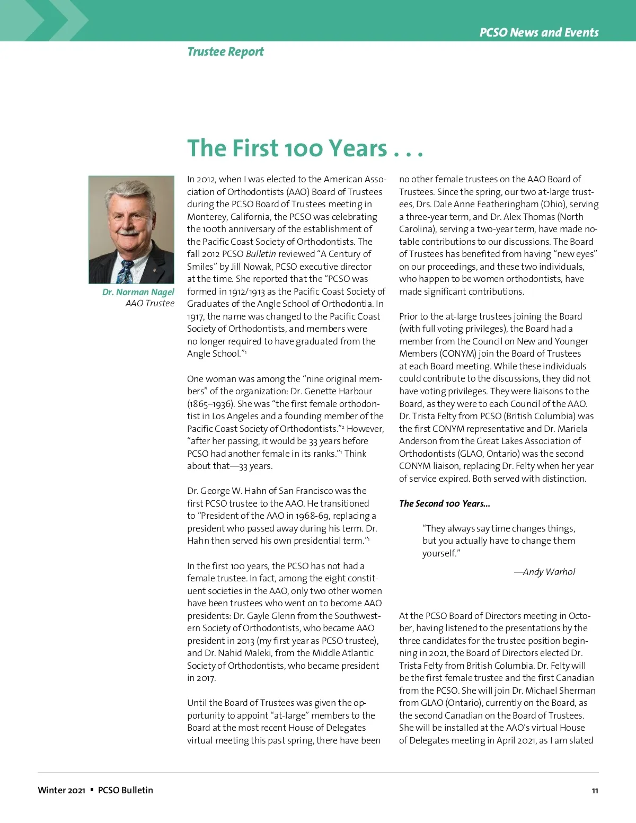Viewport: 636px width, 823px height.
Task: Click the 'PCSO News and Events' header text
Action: coord(538,32)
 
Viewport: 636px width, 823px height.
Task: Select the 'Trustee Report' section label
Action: coord(225,51)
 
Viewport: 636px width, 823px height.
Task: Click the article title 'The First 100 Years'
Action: coord(305,148)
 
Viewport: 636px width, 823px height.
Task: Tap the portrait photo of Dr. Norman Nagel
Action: coord(131,229)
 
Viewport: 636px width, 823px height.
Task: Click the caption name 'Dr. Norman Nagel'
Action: coord(138,292)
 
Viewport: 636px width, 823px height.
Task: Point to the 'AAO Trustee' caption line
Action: coord(149,303)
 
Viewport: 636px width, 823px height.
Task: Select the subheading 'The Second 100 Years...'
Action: coord(444,503)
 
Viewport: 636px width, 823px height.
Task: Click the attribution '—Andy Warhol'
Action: coord(544,572)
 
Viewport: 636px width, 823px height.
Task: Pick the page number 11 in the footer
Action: coord(595,791)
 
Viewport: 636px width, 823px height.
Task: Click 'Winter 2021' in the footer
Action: coord(61,790)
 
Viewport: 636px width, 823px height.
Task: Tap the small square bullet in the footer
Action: coord(92,790)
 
